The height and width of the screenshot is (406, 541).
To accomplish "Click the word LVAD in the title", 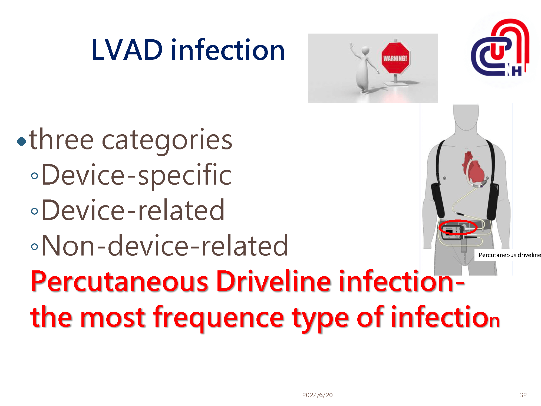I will point(127,50).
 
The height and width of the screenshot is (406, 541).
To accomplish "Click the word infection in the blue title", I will point(228,50).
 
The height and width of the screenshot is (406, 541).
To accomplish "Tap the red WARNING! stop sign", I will point(395,58).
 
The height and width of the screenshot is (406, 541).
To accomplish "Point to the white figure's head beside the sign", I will point(365,50).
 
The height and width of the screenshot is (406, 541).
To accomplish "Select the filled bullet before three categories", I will point(21,141).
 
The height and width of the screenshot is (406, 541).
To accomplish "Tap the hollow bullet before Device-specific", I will point(34,176).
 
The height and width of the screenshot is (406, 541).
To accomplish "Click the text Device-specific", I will point(137,175).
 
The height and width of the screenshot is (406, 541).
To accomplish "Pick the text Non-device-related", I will point(165,246).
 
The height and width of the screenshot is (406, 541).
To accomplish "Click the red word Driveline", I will point(273,281).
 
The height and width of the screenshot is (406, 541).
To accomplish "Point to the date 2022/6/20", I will point(317,395).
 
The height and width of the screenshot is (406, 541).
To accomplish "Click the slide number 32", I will point(523,395).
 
